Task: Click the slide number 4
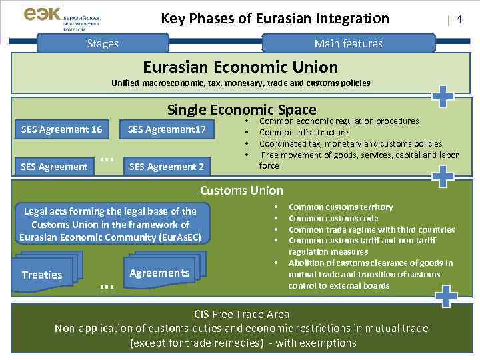(x=458, y=20)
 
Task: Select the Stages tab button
(x=103, y=43)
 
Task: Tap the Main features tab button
(x=349, y=43)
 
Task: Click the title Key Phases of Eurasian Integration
(x=275, y=19)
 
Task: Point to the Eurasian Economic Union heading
(x=241, y=67)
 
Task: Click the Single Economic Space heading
(x=241, y=109)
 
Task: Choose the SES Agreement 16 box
(x=61, y=129)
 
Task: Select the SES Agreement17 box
(x=167, y=129)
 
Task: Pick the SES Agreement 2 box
(x=167, y=166)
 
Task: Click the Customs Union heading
(x=241, y=190)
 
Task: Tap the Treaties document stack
(x=44, y=273)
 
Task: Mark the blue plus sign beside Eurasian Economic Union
(x=443, y=96)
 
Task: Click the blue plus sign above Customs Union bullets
(x=443, y=176)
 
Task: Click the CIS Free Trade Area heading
(x=241, y=313)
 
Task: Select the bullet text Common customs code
(x=333, y=218)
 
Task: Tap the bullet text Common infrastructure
(x=303, y=132)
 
